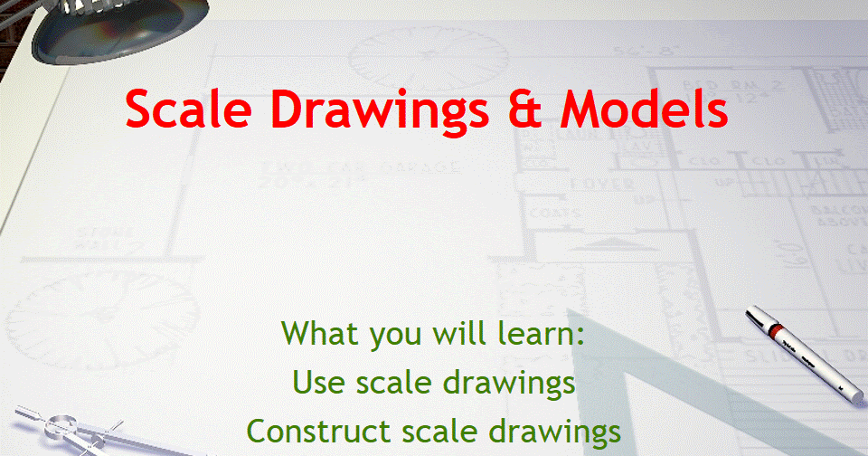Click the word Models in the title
point(644,109)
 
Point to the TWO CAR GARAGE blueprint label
point(361,167)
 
